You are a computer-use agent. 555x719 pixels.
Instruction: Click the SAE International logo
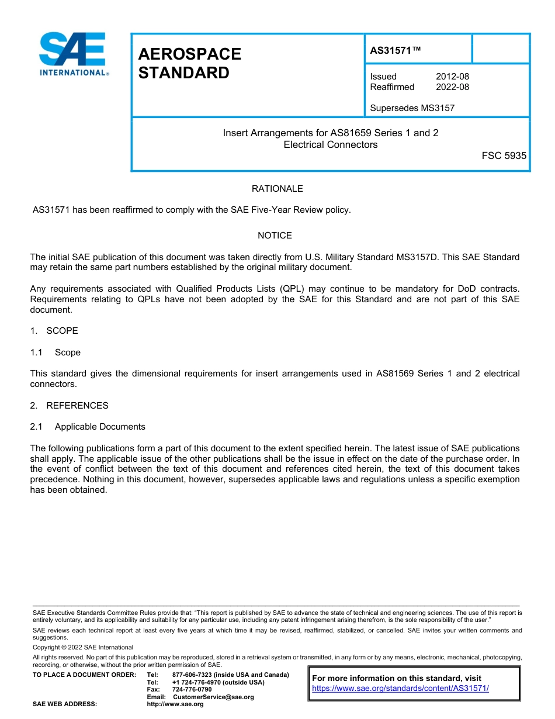click(74, 54)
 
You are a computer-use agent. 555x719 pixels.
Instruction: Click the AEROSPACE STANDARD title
click(189, 63)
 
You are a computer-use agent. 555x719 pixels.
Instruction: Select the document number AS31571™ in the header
click(395, 51)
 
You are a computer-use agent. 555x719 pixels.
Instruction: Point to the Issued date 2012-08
click(452, 77)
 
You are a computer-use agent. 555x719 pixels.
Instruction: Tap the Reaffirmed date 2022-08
click(452, 87)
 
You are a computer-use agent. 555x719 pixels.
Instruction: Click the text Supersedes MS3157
click(412, 108)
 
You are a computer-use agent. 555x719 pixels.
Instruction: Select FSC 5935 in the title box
click(504, 156)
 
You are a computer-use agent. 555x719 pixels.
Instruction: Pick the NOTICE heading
click(275, 236)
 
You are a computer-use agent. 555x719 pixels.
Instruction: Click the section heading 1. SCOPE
click(54, 331)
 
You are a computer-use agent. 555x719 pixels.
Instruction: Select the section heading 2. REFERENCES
click(69, 406)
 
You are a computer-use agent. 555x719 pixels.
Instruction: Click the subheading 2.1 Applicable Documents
click(88, 427)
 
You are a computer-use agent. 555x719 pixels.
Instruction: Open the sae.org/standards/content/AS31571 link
click(400, 689)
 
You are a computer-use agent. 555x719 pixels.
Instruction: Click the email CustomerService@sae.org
click(213, 697)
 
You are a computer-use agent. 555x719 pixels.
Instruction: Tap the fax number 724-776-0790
click(192, 690)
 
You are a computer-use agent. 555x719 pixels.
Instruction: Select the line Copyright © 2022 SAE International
click(83, 647)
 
